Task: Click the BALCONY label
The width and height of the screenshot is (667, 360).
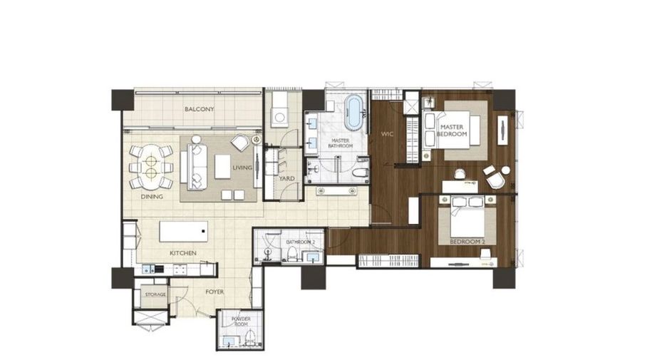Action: (199, 109)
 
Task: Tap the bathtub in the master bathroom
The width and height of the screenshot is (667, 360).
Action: (354, 112)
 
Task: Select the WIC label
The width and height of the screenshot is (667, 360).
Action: (387, 134)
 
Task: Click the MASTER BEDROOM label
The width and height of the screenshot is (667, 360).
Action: (452, 130)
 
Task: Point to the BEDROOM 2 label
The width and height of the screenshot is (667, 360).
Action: (467, 242)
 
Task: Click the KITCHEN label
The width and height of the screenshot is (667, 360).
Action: (183, 253)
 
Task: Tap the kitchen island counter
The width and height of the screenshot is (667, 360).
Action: (184, 232)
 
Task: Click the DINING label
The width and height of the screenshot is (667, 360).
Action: (152, 197)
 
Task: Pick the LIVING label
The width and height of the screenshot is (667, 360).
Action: (242, 168)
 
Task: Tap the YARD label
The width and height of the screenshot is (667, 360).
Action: (286, 178)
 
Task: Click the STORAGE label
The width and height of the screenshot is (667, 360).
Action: (155, 294)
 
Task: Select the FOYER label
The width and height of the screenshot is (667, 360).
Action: (214, 292)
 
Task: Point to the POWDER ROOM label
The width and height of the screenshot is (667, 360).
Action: (241, 322)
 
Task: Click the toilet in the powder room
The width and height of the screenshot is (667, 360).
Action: (251, 339)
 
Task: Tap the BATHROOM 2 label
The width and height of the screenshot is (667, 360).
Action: (301, 242)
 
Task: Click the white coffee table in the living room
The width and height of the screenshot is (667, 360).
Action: (222, 166)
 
